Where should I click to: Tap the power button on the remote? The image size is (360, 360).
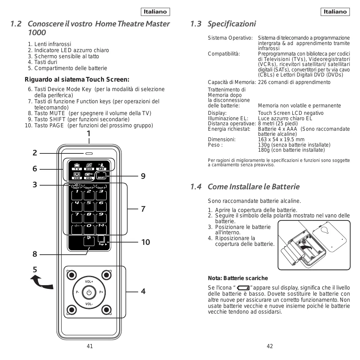coord(89,292)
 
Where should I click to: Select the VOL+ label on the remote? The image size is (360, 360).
coord(89,282)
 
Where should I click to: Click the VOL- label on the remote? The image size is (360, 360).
coord(89,304)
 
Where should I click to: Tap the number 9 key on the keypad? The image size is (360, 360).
coord(101,216)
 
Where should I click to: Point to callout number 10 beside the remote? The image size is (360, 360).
coord(145,242)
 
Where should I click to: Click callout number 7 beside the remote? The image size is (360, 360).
coord(143,209)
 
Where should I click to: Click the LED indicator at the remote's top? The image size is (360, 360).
coord(89,153)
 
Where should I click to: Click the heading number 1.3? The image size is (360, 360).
coord(196,24)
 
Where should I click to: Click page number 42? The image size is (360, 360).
coord(270,346)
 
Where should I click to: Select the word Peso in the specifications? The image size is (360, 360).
coord(214,145)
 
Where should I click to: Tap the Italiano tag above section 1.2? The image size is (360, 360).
coord(155,12)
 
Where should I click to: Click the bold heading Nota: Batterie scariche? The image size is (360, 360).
coord(237,278)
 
